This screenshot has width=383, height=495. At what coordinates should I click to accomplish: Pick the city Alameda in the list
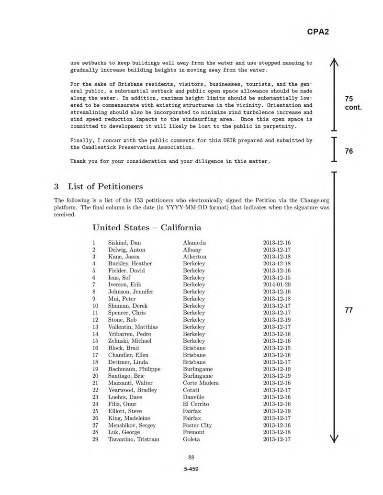(x=194, y=243)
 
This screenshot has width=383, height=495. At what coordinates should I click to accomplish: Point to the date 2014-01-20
(x=277, y=285)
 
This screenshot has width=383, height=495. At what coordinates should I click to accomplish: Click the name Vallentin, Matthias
(x=132, y=327)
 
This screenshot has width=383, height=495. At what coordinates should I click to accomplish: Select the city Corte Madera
(x=201, y=383)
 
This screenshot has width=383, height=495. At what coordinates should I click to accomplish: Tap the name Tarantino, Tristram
(x=134, y=439)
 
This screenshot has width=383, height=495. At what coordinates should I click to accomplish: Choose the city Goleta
(x=191, y=439)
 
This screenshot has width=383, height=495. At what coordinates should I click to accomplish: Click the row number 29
(x=95, y=439)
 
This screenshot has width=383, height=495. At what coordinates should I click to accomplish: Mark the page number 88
(x=191, y=457)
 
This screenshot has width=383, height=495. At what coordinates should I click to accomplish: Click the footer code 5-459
(x=191, y=469)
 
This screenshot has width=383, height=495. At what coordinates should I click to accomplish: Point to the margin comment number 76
(x=349, y=151)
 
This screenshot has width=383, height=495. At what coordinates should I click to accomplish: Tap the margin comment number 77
(x=349, y=310)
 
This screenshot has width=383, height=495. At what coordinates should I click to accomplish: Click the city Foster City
(x=197, y=425)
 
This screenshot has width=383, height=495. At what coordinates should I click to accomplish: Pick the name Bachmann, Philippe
(x=134, y=369)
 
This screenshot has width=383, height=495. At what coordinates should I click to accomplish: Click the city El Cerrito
(x=196, y=404)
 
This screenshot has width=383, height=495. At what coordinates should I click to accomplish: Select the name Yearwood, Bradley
(x=133, y=390)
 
